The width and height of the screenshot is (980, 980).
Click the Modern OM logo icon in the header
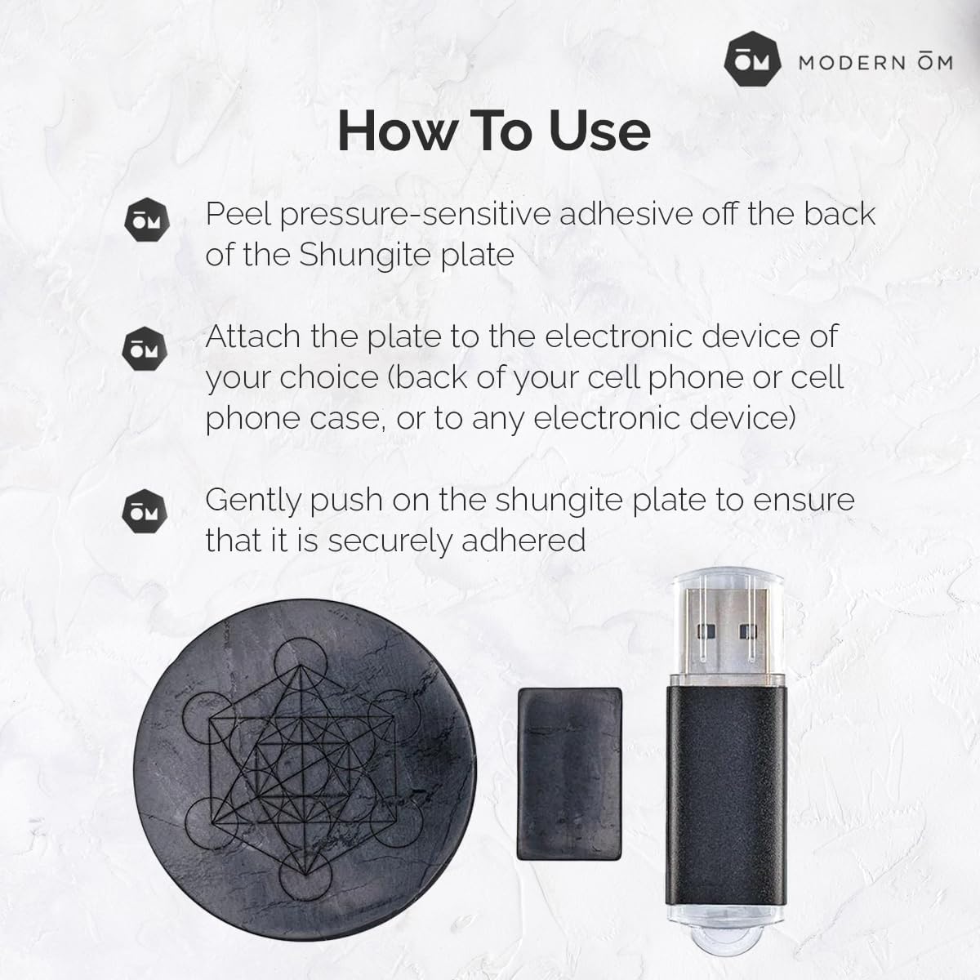pyautogui.click(x=752, y=62)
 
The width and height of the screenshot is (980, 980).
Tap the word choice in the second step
pyautogui.click(x=327, y=377)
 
